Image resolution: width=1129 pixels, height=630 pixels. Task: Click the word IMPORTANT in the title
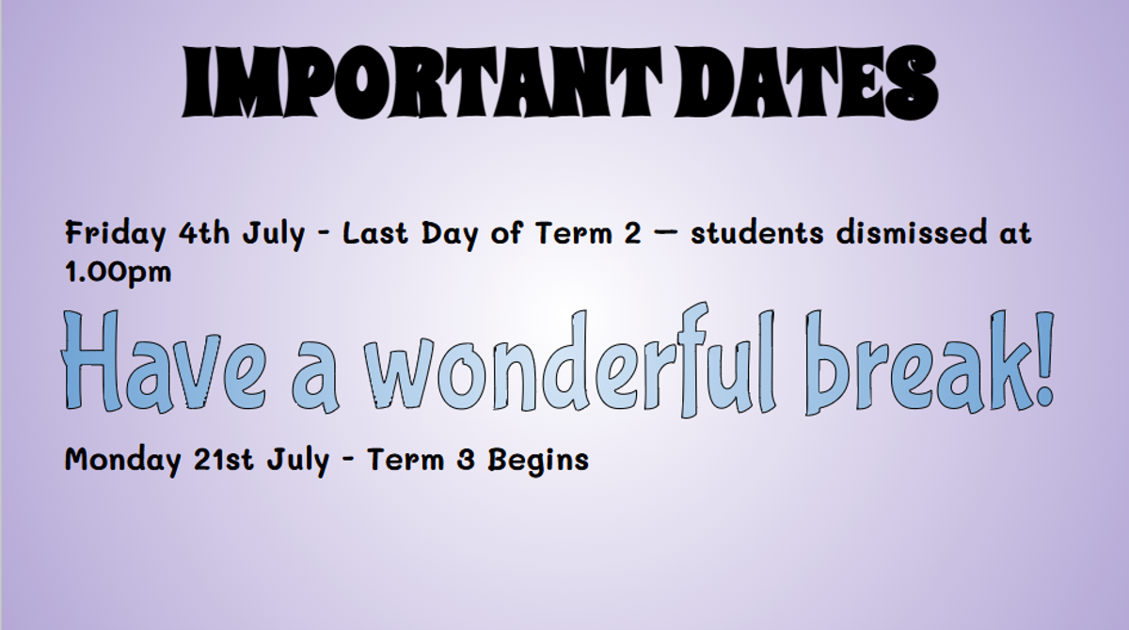click(421, 83)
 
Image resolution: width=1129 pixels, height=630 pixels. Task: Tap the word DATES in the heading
click(806, 83)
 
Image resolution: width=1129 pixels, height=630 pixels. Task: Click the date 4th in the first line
click(204, 233)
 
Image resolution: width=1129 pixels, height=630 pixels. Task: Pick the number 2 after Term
click(632, 233)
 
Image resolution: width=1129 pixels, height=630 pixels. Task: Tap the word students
click(757, 233)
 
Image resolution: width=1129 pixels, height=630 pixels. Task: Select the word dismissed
click(912, 233)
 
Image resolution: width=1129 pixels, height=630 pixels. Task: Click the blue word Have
click(163, 360)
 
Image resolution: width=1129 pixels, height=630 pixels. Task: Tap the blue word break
click(916, 363)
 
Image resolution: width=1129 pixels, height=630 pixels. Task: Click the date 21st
click(223, 459)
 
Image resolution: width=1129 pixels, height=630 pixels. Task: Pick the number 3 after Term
click(466, 460)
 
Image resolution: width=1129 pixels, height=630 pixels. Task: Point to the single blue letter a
click(314, 377)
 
